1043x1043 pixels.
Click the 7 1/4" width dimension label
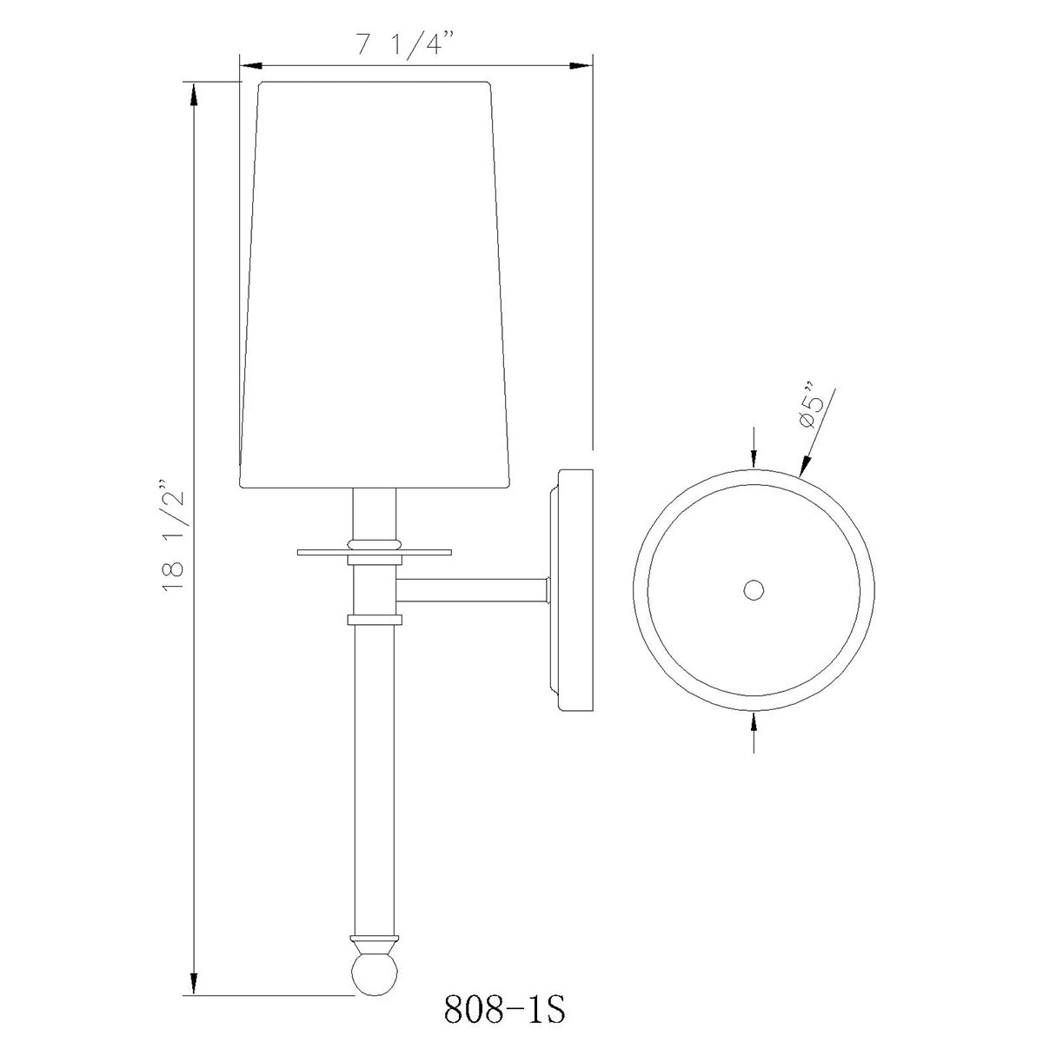(x=404, y=44)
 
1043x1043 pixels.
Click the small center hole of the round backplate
(x=754, y=589)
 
